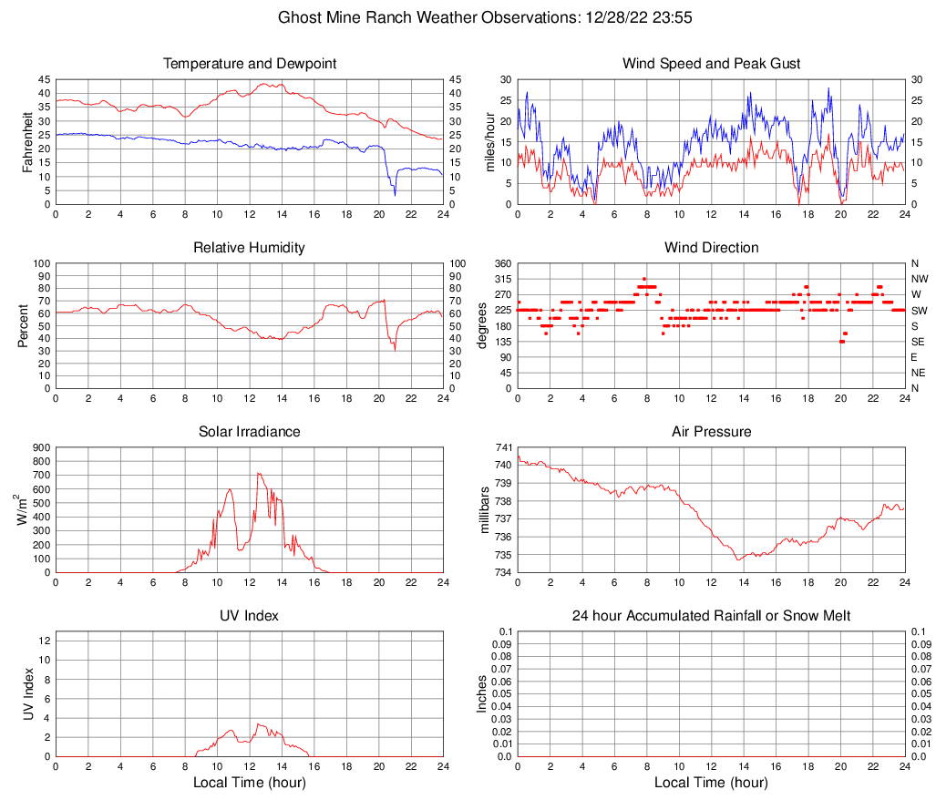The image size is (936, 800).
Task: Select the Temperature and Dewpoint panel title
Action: pyautogui.click(x=249, y=64)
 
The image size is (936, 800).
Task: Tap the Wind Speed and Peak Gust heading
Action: pyautogui.click(x=711, y=64)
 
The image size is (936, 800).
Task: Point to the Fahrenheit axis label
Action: pyautogui.click(x=26, y=141)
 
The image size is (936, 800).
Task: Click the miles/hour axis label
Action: pyautogui.click(x=489, y=141)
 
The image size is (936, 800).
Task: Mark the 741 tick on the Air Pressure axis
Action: pyautogui.click(x=503, y=447)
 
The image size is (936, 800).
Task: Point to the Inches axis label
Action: pyautogui.click(x=482, y=693)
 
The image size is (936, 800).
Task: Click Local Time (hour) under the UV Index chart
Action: pyautogui.click(x=249, y=783)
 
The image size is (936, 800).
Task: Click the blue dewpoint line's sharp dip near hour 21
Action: pyautogui.click(x=395, y=193)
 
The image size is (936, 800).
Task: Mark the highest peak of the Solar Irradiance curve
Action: pyautogui.click(x=258, y=474)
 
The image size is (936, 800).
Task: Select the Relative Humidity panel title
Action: pyautogui.click(x=249, y=248)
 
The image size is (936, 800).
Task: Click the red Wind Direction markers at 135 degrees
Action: pyautogui.click(x=842, y=342)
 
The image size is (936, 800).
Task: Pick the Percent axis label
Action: pyautogui.click(x=25, y=325)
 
